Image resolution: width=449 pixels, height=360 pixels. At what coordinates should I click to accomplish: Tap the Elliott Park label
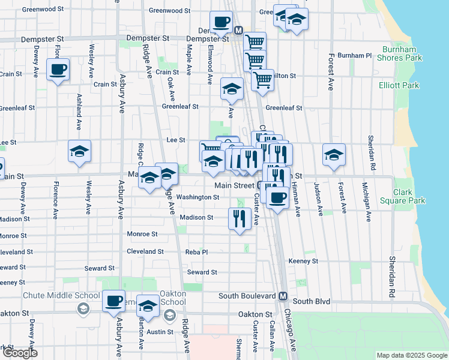tap(399, 86)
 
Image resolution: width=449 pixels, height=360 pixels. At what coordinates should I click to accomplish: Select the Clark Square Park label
tap(409, 197)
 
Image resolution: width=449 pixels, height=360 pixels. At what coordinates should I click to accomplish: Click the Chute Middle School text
tap(61, 295)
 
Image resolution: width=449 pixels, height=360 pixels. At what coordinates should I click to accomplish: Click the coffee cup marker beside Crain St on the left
tap(58, 70)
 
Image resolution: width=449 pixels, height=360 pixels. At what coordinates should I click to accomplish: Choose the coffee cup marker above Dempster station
tap(220, 22)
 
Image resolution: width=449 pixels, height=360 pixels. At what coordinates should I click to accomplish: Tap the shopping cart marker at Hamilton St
tap(262, 79)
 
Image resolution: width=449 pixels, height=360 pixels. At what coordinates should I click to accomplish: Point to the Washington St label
tap(197, 197)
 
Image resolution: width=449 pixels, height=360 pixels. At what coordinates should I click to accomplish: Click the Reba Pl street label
tap(196, 253)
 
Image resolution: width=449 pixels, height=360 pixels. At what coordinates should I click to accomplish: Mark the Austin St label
tap(160, 331)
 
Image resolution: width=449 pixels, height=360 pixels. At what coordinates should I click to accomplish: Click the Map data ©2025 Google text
tap(411, 355)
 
